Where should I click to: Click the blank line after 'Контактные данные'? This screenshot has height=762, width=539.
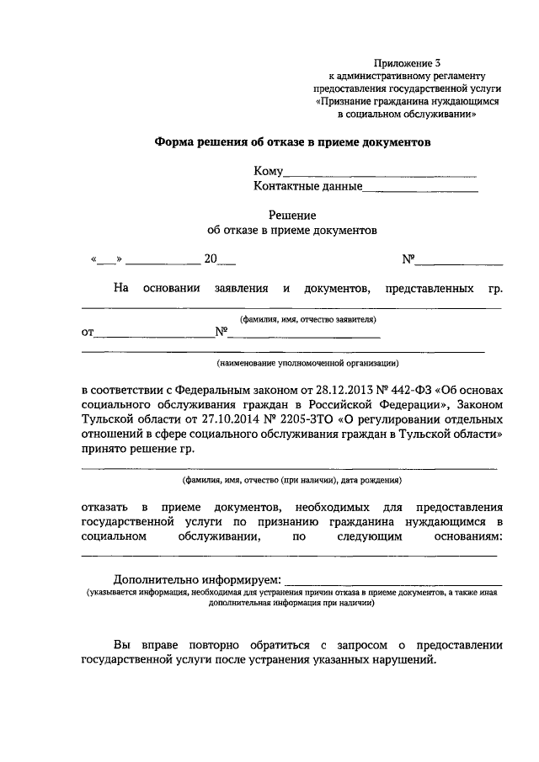[420, 188]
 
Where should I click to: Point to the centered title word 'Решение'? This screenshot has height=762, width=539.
[291, 216]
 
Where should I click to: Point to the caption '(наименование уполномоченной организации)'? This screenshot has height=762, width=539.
[307, 363]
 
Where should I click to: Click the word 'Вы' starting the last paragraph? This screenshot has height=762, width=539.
[122, 645]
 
